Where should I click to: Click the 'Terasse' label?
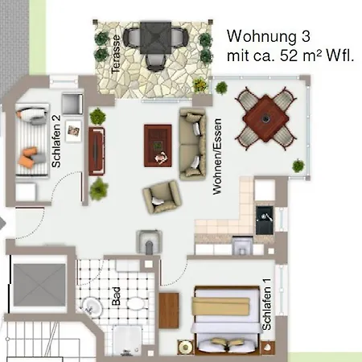coord(116,54)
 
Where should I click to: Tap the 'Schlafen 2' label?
coord(56,142)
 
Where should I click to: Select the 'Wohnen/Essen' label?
coord(217,157)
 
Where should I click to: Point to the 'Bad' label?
coord(116,296)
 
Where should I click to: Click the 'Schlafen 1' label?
coord(267,304)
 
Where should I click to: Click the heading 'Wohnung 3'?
coord(269,36)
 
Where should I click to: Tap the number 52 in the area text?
coord(290,56)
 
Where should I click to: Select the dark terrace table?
coord(155,38)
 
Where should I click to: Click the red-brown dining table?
coord(265,118)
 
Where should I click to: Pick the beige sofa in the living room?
coord(193,144)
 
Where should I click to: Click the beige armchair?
coord(162,197)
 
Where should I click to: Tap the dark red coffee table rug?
coord(158,146)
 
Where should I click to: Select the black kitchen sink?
coord(265,220)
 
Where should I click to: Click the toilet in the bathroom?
coord(136,304)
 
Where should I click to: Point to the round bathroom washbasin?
coord(92,306)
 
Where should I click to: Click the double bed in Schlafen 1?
coord(228,320)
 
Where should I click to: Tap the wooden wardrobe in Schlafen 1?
coord(169,311)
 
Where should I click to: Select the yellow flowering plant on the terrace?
coord(200,85)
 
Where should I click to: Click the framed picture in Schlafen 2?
coord(73,130)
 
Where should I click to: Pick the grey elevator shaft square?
coord(39,285)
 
